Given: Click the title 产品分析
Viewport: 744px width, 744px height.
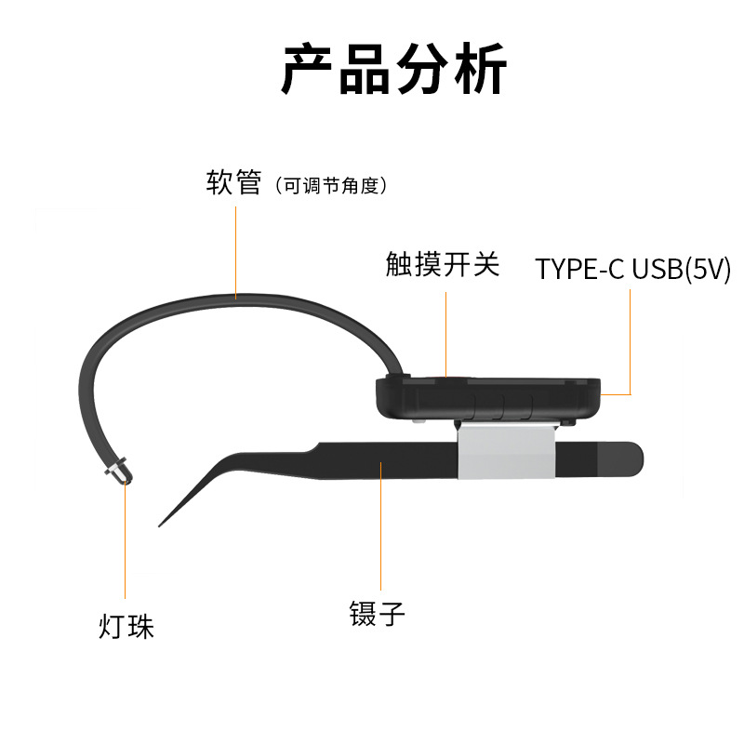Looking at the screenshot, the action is [x=393, y=69].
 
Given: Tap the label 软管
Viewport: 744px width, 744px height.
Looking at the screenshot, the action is [x=233, y=181].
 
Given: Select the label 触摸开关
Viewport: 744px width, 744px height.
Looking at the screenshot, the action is [x=443, y=265].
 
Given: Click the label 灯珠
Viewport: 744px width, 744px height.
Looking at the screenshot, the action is [x=126, y=626].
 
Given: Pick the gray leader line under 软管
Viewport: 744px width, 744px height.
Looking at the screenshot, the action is [x=235, y=246].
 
